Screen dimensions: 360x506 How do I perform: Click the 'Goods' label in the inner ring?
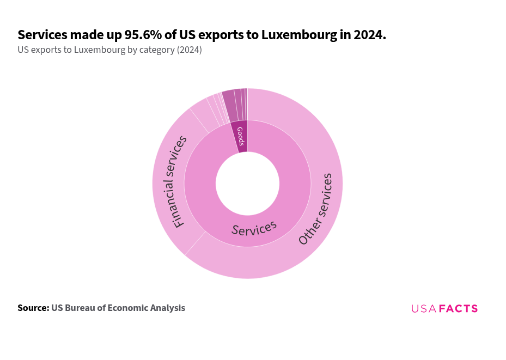pos(240,136)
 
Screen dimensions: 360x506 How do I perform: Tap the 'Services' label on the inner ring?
pos(254,228)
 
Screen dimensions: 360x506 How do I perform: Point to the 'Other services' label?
pos(315,209)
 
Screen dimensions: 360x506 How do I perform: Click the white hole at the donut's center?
pos(247,184)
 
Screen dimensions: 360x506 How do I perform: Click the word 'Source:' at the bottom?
pos(33,308)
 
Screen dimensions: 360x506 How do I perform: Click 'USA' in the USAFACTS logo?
pos(424,309)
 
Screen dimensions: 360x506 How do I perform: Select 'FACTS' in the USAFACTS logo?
pos(458,309)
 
